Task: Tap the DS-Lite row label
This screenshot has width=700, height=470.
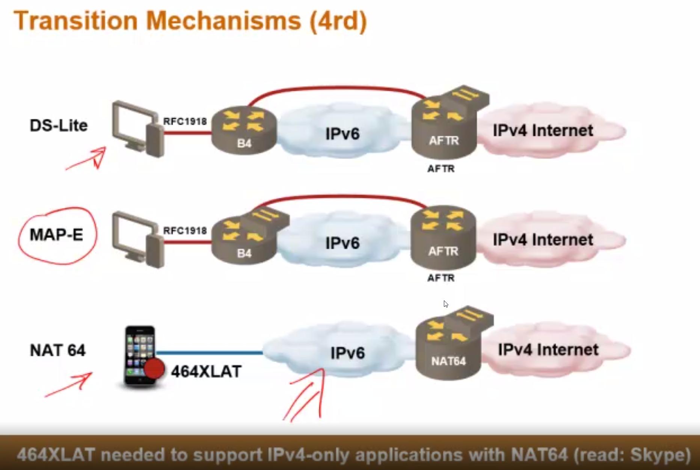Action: (59, 126)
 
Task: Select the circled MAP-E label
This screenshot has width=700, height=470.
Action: (56, 235)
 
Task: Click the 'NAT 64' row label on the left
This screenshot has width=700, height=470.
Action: (57, 350)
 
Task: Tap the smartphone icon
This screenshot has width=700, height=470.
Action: (140, 355)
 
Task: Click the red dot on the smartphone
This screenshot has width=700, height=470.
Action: (154, 368)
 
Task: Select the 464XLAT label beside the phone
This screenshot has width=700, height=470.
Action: (206, 371)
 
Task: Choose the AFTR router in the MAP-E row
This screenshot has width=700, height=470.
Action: (444, 237)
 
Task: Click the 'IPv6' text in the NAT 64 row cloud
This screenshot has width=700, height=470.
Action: (347, 353)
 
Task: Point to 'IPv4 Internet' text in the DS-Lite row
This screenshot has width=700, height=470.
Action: (543, 130)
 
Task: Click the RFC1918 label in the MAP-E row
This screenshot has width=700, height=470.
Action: (185, 230)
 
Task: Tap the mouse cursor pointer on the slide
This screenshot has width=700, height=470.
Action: (445, 304)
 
